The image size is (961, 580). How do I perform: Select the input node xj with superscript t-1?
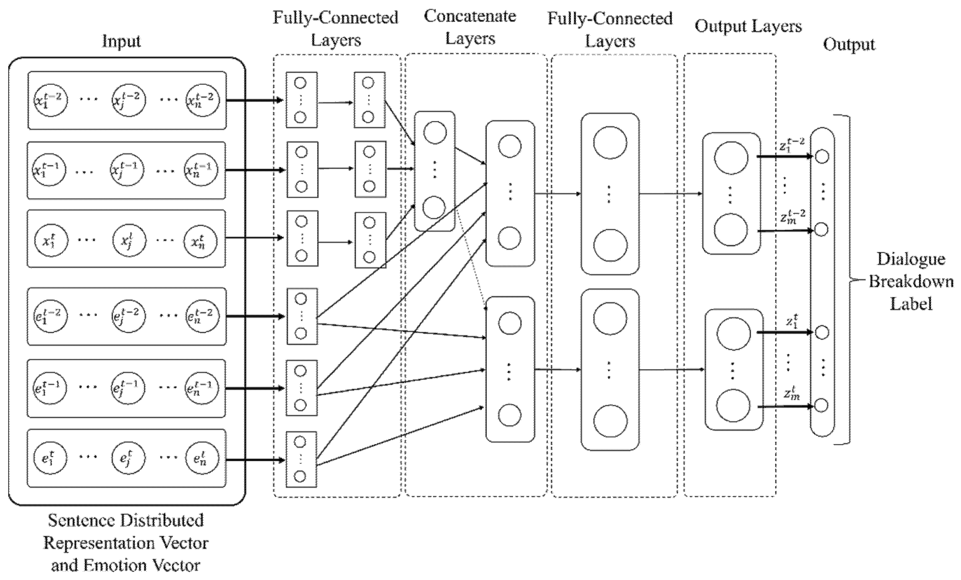126,170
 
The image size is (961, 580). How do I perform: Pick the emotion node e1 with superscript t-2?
50,316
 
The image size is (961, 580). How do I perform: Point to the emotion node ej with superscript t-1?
127,388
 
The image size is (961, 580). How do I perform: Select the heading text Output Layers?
748,26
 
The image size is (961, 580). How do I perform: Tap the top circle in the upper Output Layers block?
731,158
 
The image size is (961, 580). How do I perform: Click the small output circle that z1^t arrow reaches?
822,333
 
